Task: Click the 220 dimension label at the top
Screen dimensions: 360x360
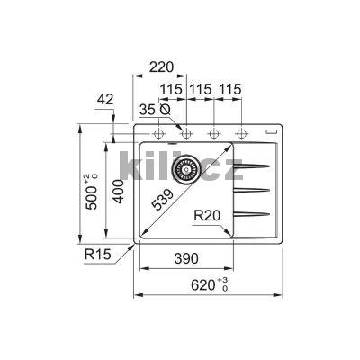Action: pyautogui.click(x=161, y=67)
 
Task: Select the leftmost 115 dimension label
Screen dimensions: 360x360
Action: pyautogui.click(x=173, y=89)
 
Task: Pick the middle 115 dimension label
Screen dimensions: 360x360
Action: pyautogui.click(x=200, y=89)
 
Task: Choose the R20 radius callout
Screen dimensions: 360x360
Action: pyautogui.click(x=208, y=217)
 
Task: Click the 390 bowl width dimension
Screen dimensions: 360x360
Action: pyautogui.click(x=186, y=258)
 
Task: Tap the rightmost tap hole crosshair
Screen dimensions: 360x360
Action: pyautogui.click(x=242, y=134)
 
